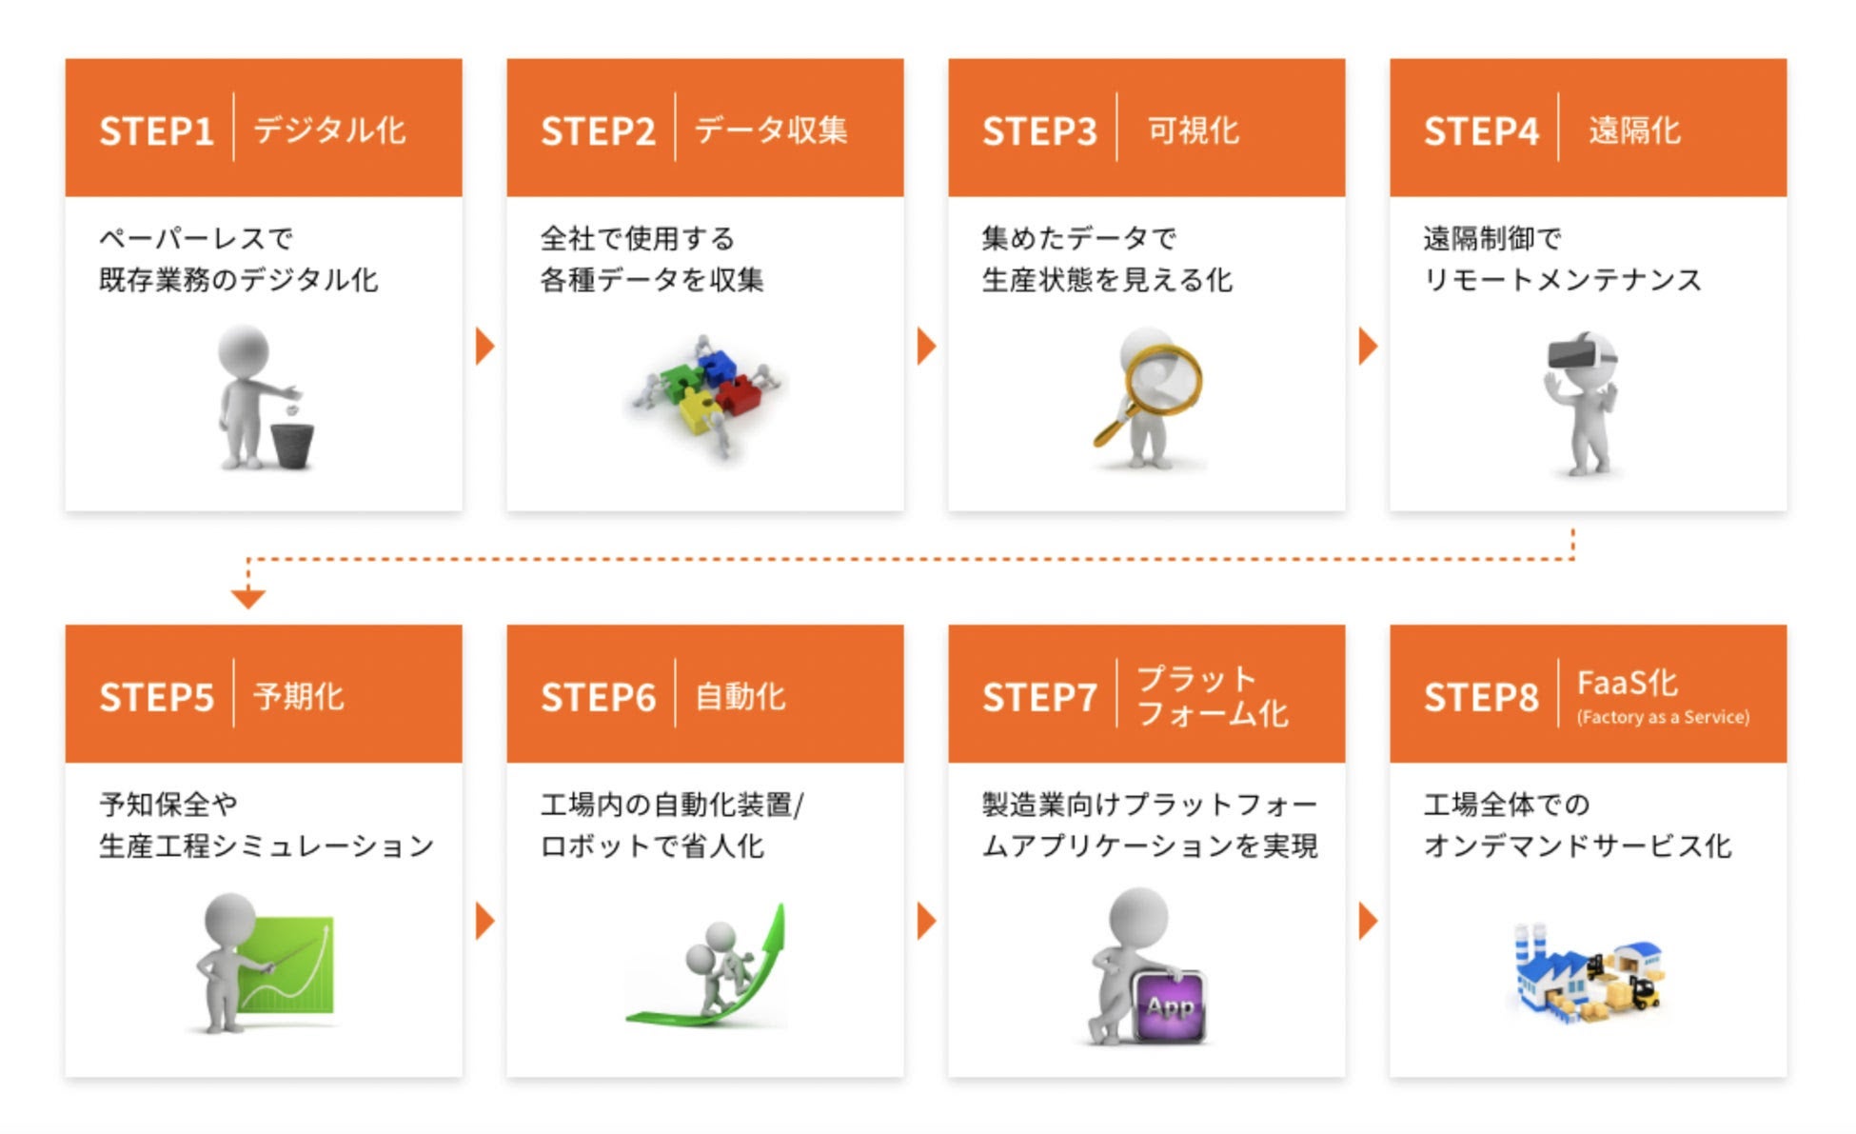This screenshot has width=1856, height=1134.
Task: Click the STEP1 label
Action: click(156, 130)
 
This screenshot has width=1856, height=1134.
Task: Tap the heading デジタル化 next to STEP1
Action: click(329, 129)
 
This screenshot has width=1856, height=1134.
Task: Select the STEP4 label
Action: click(1480, 130)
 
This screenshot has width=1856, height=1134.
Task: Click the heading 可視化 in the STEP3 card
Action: click(1193, 129)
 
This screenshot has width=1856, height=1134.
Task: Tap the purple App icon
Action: click(1170, 1005)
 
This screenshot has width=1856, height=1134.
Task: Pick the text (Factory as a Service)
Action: click(1662, 717)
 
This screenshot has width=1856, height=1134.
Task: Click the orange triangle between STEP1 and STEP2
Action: click(484, 346)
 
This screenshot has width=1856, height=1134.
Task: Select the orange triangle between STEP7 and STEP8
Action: click(1368, 921)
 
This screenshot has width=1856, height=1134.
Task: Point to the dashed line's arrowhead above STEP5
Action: click(247, 598)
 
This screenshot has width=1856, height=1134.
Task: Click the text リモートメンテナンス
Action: click(1562, 279)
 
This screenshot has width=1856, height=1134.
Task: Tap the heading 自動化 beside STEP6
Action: click(740, 696)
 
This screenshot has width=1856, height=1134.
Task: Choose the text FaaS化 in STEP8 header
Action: click(1627, 682)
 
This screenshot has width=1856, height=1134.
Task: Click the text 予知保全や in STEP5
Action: click(168, 804)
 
